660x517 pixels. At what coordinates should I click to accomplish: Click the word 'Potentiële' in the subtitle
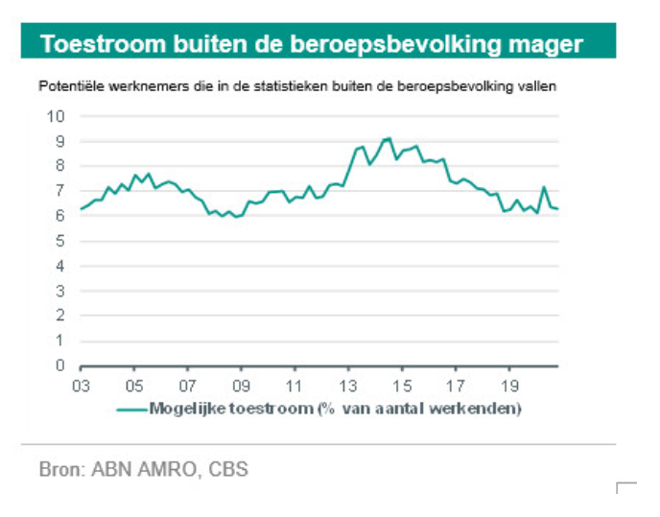point(69,86)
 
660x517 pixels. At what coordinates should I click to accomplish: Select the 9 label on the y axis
point(59,141)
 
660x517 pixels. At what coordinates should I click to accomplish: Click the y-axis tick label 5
point(59,241)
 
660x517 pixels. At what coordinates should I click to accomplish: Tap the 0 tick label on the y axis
point(59,365)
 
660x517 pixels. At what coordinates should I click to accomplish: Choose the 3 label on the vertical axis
point(59,291)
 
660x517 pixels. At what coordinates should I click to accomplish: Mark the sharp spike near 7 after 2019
point(544,187)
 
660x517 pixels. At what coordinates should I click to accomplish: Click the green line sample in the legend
point(131,410)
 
